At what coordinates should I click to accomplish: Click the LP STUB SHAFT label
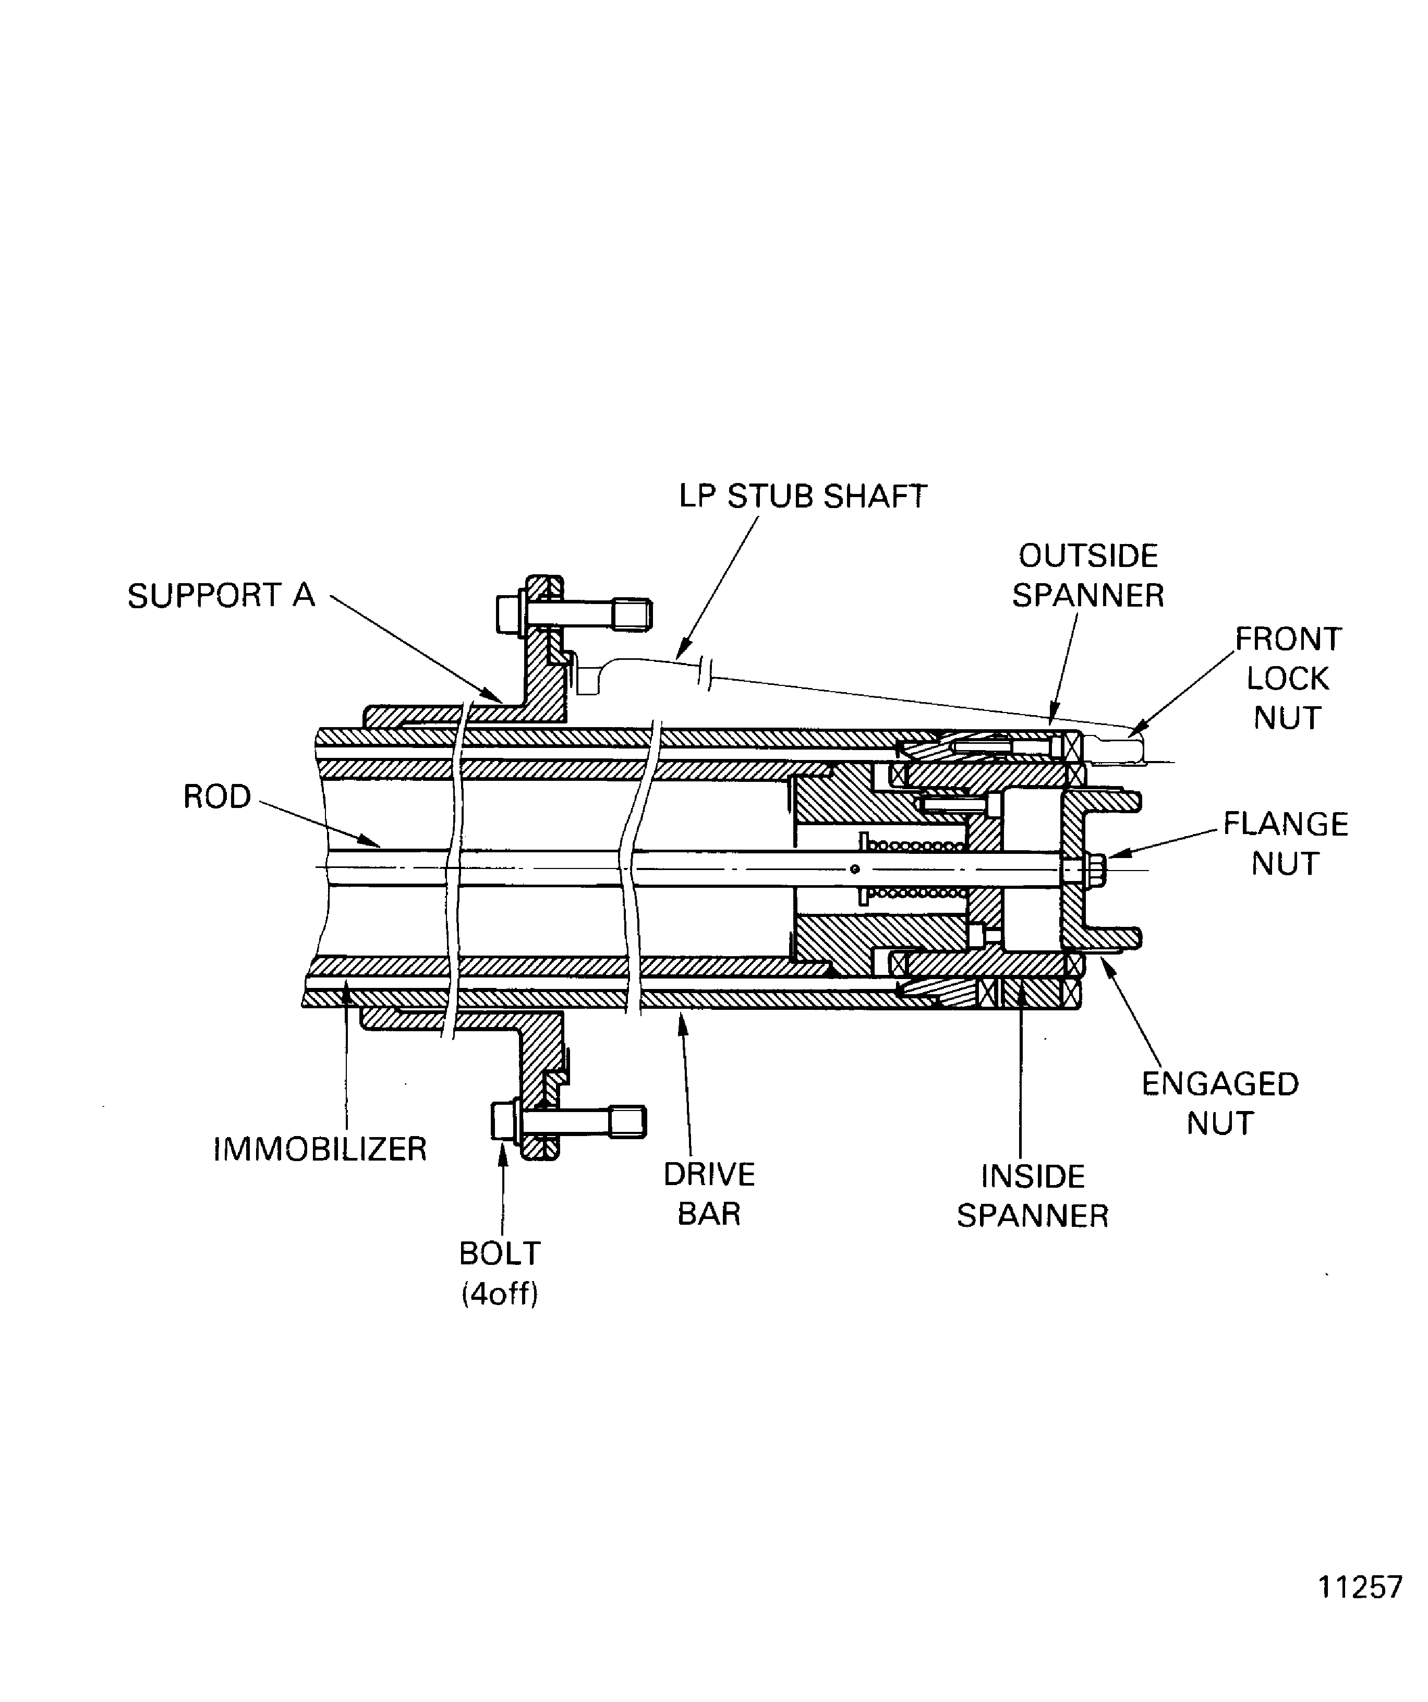point(802,497)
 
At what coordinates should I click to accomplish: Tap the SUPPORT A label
point(221,596)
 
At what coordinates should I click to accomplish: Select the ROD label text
point(216,796)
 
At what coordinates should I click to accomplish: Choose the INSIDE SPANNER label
point(1033,1196)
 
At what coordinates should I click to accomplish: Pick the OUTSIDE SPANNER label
point(1087,575)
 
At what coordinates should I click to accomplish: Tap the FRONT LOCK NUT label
point(1288,679)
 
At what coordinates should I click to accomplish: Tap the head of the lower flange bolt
point(503,1121)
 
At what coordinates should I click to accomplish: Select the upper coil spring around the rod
point(916,846)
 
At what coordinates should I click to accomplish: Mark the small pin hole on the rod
point(854,870)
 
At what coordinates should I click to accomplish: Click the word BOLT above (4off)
point(499,1254)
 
